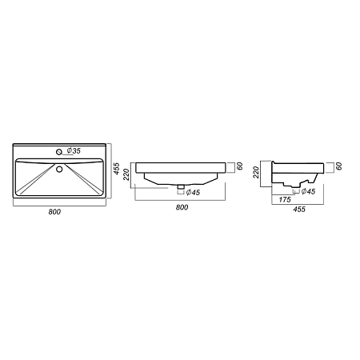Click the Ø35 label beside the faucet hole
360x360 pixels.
[x=74, y=150]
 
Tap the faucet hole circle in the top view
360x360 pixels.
[x=59, y=152]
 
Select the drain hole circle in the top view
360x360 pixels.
[x=59, y=169]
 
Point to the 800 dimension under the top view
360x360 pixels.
[x=54, y=212]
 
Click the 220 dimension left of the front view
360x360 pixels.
[x=126, y=174]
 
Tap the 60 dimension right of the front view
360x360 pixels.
[x=239, y=166]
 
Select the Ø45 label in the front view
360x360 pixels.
[x=193, y=192]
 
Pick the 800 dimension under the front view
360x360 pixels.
[x=182, y=207]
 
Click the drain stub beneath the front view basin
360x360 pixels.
[x=181, y=186]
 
